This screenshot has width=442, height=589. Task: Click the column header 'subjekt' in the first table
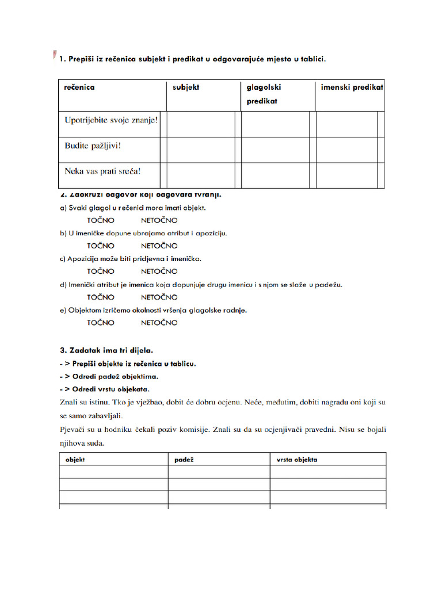(185, 87)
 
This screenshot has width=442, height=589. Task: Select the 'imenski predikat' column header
(352, 87)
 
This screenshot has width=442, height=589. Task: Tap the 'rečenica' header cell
(79, 87)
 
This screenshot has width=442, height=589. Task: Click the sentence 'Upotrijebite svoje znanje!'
(111, 121)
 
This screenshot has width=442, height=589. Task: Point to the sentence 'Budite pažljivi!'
(93, 146)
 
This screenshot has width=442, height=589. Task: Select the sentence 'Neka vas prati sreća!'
(102, 171)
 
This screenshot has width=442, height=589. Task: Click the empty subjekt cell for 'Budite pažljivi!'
(200, 150)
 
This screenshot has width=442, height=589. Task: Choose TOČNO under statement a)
(101, 220)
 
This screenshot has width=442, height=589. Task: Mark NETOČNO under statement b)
(159, 246)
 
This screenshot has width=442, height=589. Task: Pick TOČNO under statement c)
(101, 271)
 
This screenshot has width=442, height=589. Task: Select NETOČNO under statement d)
(159, 297)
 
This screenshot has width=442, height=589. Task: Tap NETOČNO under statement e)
(159, 323)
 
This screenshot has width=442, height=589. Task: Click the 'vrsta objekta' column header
(296, 460)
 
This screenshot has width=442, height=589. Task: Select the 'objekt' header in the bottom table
(75, 460)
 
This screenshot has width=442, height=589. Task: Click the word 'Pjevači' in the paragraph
(73, 429)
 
